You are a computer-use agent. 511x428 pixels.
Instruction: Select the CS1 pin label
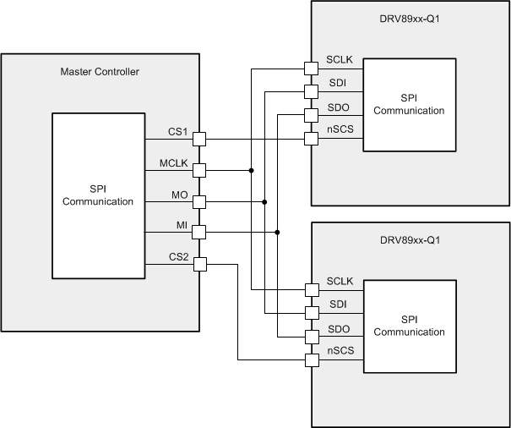178,132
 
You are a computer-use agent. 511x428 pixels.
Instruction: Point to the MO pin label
179,195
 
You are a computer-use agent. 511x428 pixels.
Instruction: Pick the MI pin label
180,226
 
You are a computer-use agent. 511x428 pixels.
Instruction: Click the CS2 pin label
178,258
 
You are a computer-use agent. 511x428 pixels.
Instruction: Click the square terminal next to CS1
199,139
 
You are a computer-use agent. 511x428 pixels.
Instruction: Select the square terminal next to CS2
199,265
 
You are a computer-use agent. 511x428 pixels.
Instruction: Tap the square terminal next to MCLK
199,170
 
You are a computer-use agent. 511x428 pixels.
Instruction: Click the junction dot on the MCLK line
252,170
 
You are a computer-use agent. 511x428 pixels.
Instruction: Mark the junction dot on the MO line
264,201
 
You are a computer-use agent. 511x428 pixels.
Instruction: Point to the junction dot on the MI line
278,232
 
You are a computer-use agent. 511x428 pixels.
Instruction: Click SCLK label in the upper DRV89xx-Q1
340,60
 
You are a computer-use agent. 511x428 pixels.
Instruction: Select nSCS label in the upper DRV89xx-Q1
340,132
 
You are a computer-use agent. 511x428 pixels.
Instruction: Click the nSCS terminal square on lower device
311,361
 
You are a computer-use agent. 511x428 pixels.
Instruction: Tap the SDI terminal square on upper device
311,91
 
